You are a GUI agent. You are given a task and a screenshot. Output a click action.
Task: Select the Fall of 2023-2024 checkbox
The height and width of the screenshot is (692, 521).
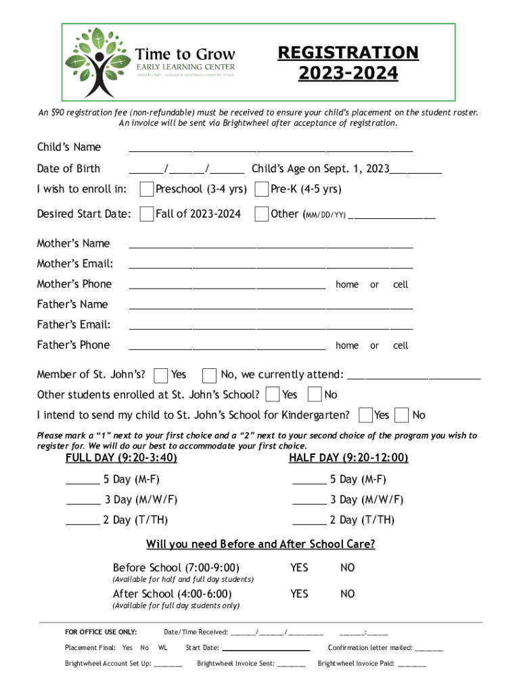146,214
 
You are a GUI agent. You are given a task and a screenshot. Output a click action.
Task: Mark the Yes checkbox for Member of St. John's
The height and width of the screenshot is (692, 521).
161,375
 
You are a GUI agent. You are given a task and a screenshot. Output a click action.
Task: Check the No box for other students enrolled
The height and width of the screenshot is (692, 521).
315,395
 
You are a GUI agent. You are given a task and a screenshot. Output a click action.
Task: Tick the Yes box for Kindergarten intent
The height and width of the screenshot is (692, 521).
365,414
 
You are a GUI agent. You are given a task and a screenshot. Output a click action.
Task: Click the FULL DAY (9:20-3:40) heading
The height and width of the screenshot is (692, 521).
121,458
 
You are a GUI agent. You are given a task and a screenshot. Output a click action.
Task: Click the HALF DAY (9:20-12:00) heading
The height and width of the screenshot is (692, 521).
348,458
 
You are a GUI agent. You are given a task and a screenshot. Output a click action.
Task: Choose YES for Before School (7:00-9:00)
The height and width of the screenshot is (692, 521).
299,568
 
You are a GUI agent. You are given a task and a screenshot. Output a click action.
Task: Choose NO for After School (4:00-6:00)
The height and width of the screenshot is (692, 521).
347,593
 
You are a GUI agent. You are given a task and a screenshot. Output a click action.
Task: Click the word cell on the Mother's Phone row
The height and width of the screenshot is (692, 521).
401,285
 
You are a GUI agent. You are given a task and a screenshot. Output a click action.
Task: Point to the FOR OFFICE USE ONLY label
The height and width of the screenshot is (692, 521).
101,632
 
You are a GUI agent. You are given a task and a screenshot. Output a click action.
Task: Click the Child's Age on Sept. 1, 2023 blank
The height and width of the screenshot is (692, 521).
415,172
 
